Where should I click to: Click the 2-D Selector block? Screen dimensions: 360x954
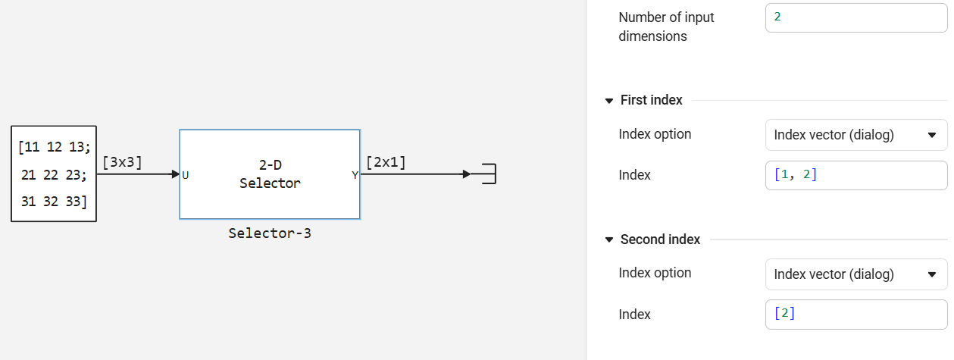click(270, 174)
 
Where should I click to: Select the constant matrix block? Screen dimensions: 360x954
click(54, 174)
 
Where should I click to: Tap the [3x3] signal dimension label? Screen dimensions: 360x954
click(122, 162)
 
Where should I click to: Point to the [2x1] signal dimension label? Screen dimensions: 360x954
click(386, 162)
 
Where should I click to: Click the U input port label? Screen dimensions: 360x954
click(186, 175)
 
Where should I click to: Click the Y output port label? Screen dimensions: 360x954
click(355, 175)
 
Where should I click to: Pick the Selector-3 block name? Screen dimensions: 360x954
click(270, 233)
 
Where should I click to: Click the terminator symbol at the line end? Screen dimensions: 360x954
click(488, 174)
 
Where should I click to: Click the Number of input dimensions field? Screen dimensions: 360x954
click(856, 17)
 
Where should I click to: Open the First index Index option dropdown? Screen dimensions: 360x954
click(856, 135)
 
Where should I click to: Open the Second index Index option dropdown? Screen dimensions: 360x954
click(856, 274)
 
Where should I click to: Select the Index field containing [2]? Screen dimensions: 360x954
click(856, 314)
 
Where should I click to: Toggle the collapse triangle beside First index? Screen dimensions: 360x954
click(609, 101)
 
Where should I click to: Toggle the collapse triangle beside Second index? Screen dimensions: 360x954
click(609, 239)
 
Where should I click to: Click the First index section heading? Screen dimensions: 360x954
click(651, 100)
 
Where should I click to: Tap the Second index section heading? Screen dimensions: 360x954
click(660, 239)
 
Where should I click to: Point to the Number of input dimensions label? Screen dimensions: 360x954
click(666, 27)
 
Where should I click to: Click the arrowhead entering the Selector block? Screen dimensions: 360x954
click(175, 174)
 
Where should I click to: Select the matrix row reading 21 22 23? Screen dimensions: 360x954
click(54, 175)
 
